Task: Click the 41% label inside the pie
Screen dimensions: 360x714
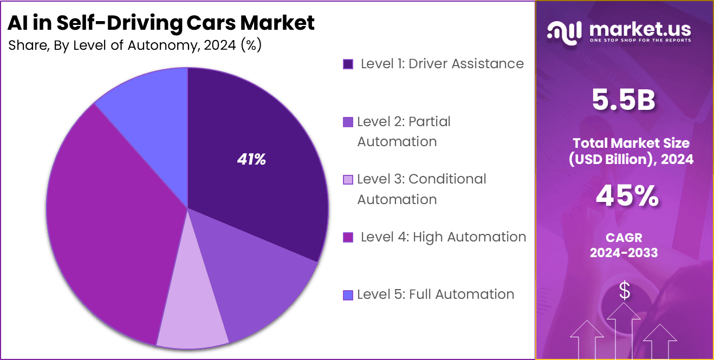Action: (251, 160)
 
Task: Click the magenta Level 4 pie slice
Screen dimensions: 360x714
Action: (108, 227)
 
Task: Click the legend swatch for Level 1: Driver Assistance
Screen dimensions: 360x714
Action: (348, 64)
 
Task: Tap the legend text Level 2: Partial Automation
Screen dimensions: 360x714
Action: (404, 132)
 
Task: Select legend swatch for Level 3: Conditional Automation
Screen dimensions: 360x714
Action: (348, 180)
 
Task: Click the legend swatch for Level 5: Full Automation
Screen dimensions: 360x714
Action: (348, 295)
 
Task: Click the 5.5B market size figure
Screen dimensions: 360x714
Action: (624, 101)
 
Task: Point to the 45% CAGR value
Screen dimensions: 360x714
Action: (627, 196)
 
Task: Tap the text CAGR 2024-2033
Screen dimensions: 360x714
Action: (624, 245)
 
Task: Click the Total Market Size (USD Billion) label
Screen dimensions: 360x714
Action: (631, 151)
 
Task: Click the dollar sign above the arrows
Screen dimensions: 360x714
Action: (624, 291)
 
